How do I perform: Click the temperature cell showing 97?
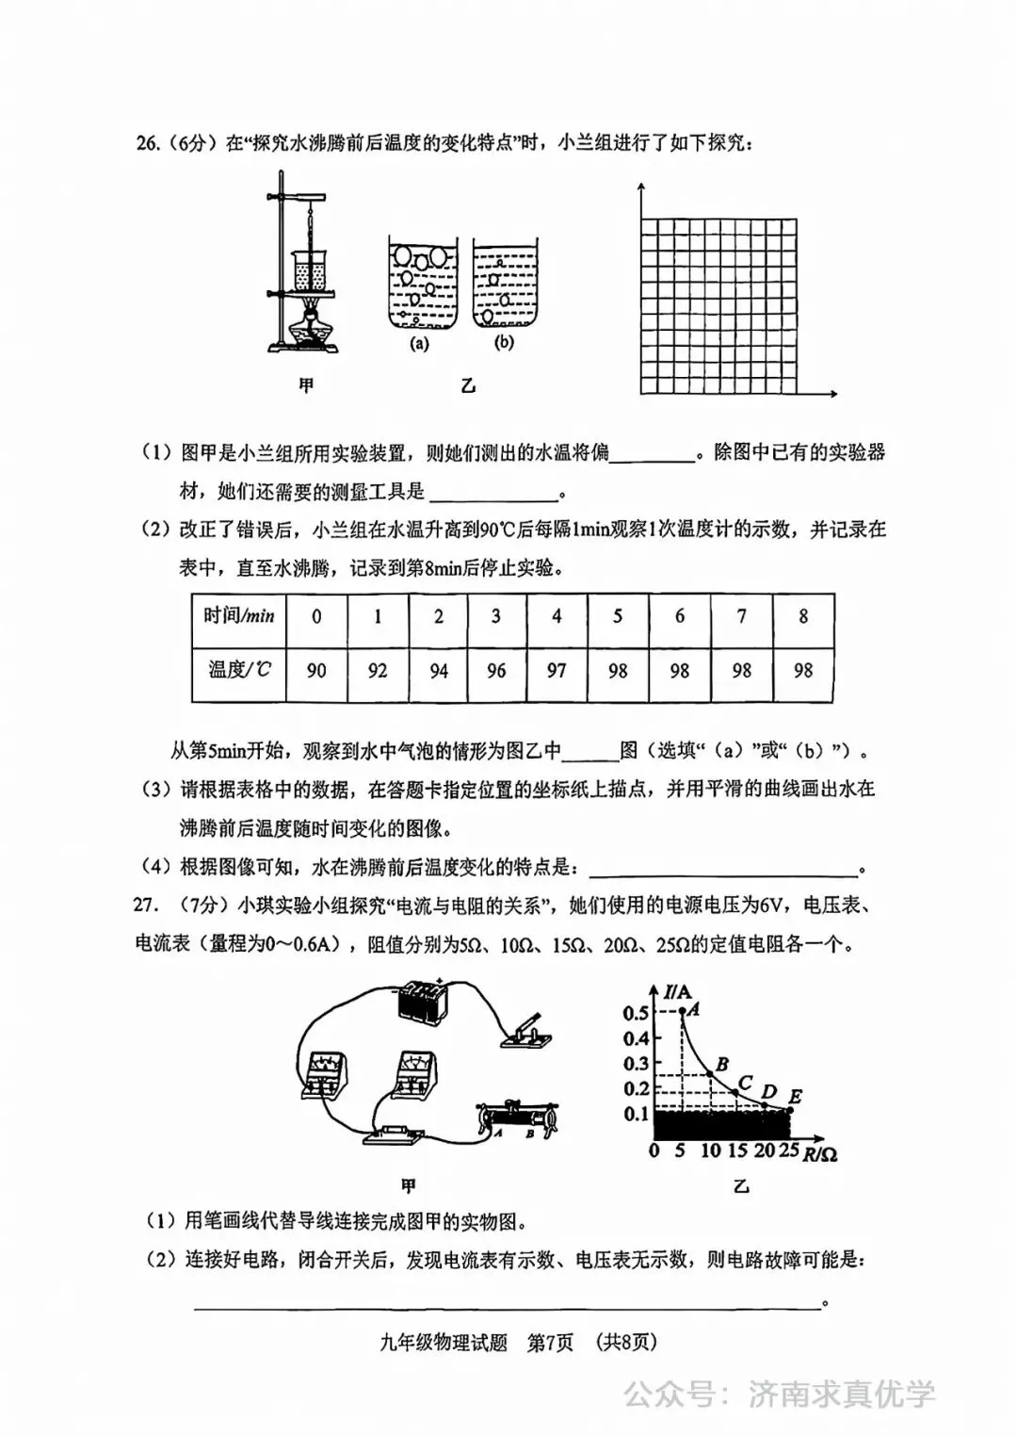[x=557, y=671]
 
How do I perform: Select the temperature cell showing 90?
[x=316, y=671]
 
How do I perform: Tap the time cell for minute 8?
[x=803, y=617]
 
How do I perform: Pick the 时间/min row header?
[x=238, y=617]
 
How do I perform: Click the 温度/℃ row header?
[x=238, y=671]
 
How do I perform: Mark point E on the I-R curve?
[x=789, y=1110]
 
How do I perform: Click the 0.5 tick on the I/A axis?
[x=636, y=1013]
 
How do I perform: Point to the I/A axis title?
[x=677, y=991]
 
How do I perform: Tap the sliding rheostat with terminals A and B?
[x=518, y=1118]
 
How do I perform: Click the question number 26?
[x=147, y=143]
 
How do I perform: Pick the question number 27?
[x=144, y=906]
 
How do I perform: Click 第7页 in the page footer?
[x=550, y=1343]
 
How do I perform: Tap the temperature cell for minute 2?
[x=438, y=671]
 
